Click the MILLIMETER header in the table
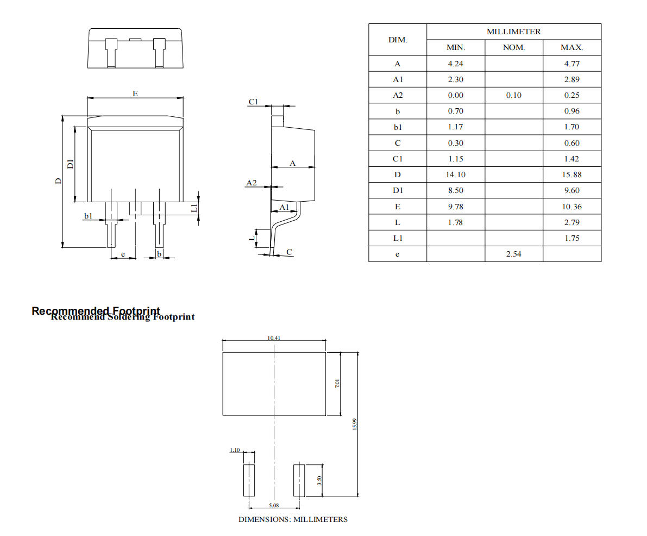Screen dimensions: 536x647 click(513, 32)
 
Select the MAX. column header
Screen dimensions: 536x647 click(571, 48)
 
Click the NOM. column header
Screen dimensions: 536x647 click(513, 48)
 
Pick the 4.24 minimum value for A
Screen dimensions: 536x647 click(455, 64)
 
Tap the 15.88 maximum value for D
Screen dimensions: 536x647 click(571, 174)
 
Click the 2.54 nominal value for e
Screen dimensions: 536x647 click(513, 254)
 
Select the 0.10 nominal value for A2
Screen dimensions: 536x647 click(513, 95)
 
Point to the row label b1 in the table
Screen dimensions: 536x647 click(397, 127)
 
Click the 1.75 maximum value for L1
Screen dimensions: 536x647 click(571, 238)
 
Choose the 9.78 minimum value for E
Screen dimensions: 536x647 click(455, 207)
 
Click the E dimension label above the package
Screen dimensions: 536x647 click(135, 94)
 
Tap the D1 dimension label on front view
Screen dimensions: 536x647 click(70, 164)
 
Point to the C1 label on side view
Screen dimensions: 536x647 click(253, 102)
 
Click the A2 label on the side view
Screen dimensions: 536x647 click(251, 183)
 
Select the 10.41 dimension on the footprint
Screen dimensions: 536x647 click(274, 338)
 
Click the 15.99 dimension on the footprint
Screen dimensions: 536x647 click(354, 424)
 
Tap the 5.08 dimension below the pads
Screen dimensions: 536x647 click(274, 505)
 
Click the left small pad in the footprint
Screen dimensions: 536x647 click(248, 480)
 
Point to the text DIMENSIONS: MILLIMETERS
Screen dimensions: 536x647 click(293, 519)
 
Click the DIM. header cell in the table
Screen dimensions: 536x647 click(397, 40)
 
